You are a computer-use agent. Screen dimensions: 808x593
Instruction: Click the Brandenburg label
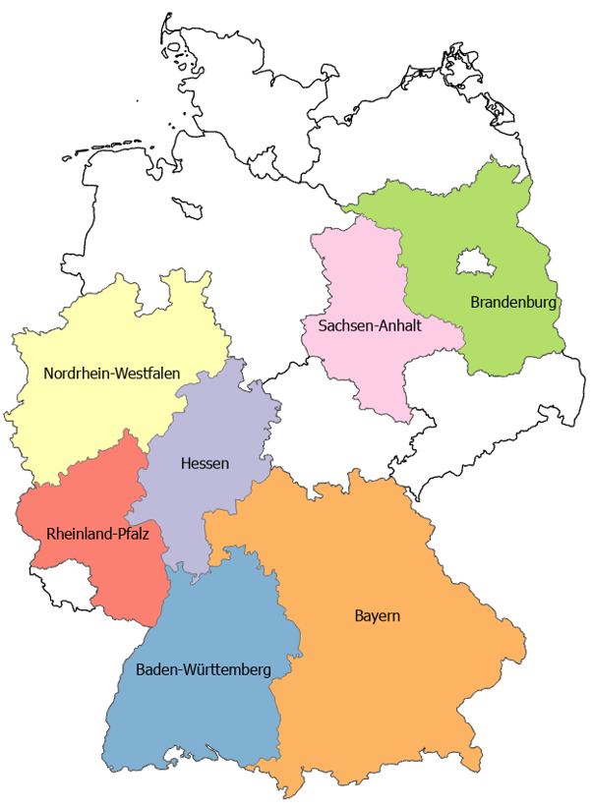[512, 302]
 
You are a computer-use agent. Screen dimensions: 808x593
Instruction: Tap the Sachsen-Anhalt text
[370, 324]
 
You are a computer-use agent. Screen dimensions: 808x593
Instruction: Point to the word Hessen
[205, 463]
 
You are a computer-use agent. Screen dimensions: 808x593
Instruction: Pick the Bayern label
[377, 616]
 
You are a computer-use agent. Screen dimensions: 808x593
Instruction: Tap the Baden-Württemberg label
[203, 669]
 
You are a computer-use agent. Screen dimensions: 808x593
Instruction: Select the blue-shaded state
[197, 718]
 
